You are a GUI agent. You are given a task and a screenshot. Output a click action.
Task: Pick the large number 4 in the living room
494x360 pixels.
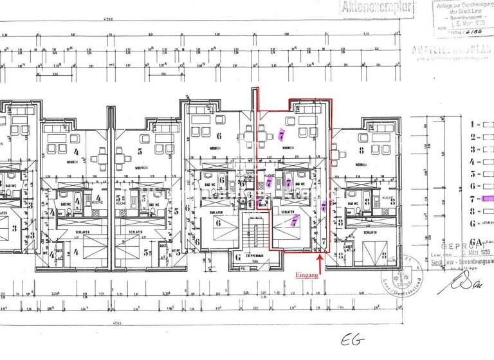coord(76,152)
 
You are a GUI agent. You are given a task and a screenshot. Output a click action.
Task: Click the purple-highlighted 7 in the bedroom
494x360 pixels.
coord(293,222)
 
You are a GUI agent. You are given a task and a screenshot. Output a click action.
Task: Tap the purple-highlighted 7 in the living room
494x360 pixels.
coord(281,136)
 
